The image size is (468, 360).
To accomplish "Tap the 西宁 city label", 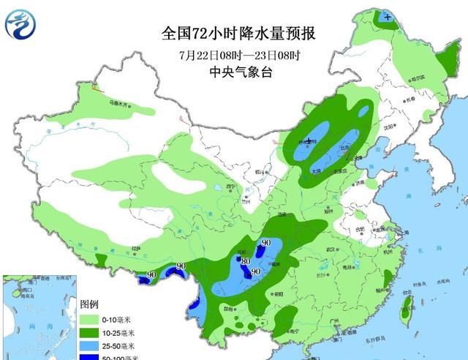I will (x=232, y=187).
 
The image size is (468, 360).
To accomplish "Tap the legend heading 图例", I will (x=88, y=304).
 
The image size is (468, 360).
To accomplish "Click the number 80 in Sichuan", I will (x=246, y=261).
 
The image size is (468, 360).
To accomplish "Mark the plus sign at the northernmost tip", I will (x=387, y=16).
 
